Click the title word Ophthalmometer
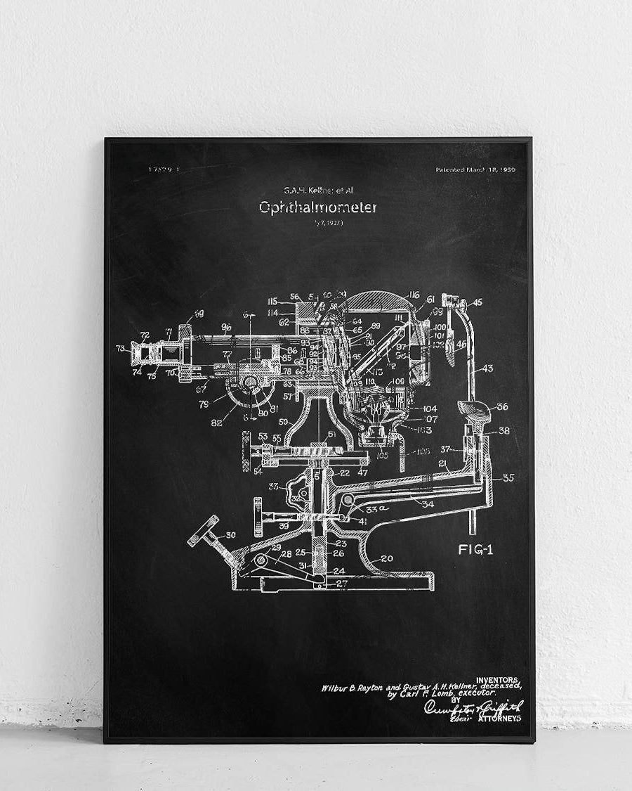click(x=317, y=207)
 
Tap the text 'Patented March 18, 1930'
click(x=475, y=169)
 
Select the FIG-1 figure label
click(x=475, y=550)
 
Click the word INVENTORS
click(x=498, y=679)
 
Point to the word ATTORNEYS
click(x=499, y=719)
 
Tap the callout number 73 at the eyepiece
click(x=121, y=348)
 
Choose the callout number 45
click(x=478, y=303)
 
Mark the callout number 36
click(x=503, y=406)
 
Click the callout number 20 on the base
click(x=387, y=559)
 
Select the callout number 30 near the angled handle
click(x=230, y=535)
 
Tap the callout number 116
click(x=414, y=295)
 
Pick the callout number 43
click(x=487, y=368)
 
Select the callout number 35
click(x=508, y=477)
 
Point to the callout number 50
click(x=284, y=421)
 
